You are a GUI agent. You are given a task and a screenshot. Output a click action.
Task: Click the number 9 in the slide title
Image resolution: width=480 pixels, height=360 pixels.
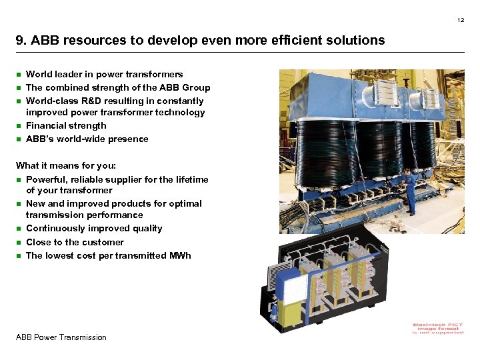19,40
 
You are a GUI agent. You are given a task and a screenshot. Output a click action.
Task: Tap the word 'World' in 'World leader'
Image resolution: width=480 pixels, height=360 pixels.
39,74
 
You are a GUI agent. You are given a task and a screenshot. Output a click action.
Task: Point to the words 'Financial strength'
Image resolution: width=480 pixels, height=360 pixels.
66,125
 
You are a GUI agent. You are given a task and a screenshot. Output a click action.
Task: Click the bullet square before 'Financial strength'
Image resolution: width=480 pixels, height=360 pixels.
19,126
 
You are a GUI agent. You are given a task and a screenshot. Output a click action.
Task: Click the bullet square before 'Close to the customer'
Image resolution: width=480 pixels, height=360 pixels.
19,243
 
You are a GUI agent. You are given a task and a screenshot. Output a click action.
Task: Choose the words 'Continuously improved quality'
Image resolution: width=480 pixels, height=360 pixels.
94,228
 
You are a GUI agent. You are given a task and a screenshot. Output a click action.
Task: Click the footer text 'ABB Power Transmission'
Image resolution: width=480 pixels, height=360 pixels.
61,337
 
